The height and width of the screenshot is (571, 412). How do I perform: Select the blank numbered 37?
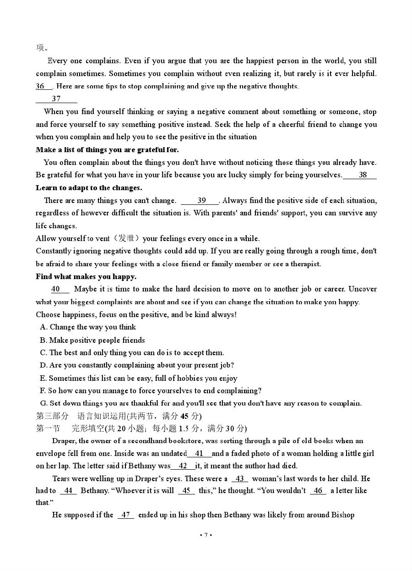pos(56,99)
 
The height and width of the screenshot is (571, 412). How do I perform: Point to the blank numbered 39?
pos(201,200)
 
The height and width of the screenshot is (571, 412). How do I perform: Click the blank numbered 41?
pos(199,454)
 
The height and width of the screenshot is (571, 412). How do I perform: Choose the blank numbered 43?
pos(239,479)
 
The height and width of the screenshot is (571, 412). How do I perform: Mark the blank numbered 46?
pos(318,491)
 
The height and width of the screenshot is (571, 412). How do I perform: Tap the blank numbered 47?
pos(125,515)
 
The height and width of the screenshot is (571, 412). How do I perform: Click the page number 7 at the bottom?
pos(206,535)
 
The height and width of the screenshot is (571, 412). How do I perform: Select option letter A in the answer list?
pos(43,327)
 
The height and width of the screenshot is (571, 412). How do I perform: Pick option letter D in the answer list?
pos(43,365)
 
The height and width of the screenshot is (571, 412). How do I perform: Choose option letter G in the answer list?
pos(43,403)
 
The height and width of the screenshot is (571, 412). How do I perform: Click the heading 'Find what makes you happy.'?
pos(86,277)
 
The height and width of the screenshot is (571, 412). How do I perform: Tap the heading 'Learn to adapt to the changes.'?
pos(89,188)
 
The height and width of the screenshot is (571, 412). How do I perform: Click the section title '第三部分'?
pos(52,416)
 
